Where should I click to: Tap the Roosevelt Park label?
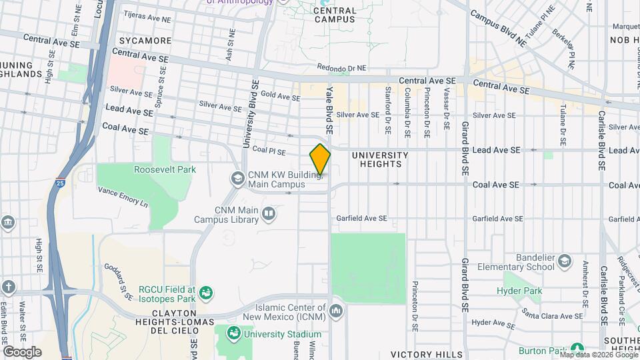[165, 169]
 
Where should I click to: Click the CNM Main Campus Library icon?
[269, 213]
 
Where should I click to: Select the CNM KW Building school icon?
[237, 179]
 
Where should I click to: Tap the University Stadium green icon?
[234, 333]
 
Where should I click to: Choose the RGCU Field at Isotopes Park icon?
[207, 292]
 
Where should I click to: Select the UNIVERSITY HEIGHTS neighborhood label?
[380, 159]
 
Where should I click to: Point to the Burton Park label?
[543, 351]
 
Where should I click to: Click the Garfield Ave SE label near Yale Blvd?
[362, 218]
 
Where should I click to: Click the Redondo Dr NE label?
[342, 68]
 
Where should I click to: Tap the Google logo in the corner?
[22, 351]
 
